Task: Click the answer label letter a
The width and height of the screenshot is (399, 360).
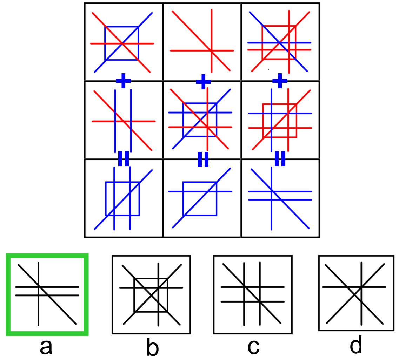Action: click(x=47, y=347)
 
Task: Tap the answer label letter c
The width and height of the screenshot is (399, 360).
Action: click(x=253, y=347)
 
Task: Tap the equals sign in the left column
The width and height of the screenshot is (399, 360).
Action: click(x=123, y=159)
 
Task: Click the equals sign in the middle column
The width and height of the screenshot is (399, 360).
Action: click(x=203, y=159)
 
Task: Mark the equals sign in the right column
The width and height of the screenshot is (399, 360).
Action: click(x=280, y=159)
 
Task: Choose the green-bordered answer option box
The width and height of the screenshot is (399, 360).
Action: click(x=47, y=294)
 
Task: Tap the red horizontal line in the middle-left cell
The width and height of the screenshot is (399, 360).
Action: click(x=102, y=121)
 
